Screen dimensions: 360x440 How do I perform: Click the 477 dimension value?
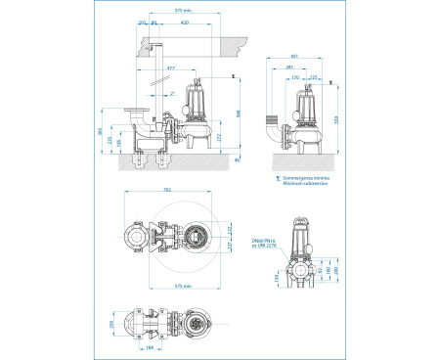click(173, 69)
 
